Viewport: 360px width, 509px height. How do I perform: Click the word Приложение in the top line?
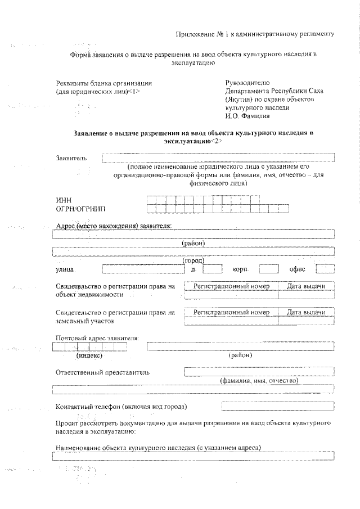tap(192, 34)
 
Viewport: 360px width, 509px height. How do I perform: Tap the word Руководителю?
tap(247, 83)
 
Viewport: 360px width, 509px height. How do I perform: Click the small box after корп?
tap(268, 269)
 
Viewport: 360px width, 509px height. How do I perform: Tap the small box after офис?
tap(325, 269)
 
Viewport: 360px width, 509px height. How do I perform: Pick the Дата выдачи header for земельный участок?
tap(306, 312)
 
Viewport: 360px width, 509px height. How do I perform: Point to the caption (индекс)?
tap(89, 355)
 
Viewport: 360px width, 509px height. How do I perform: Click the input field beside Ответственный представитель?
tap(259, 371)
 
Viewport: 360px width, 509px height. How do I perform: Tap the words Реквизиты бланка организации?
tap(104, 83)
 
